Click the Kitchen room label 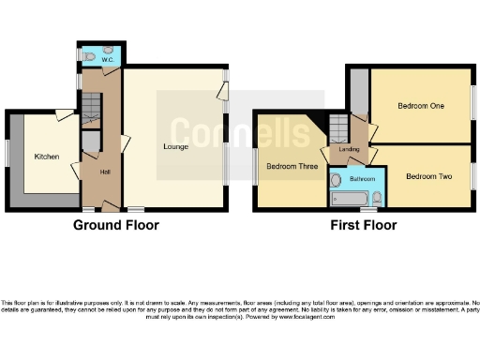pyautogui.click(x=47, y=157)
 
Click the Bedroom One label pyautogui.click(x=421, y=106)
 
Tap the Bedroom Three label pyautogui.click(x=291, y=167)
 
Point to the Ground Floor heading pyautogui.click(x=117, y=225)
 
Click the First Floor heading pyautogui.click(x=363, y=225)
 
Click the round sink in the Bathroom pyautogui.click(x=336, y=178)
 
